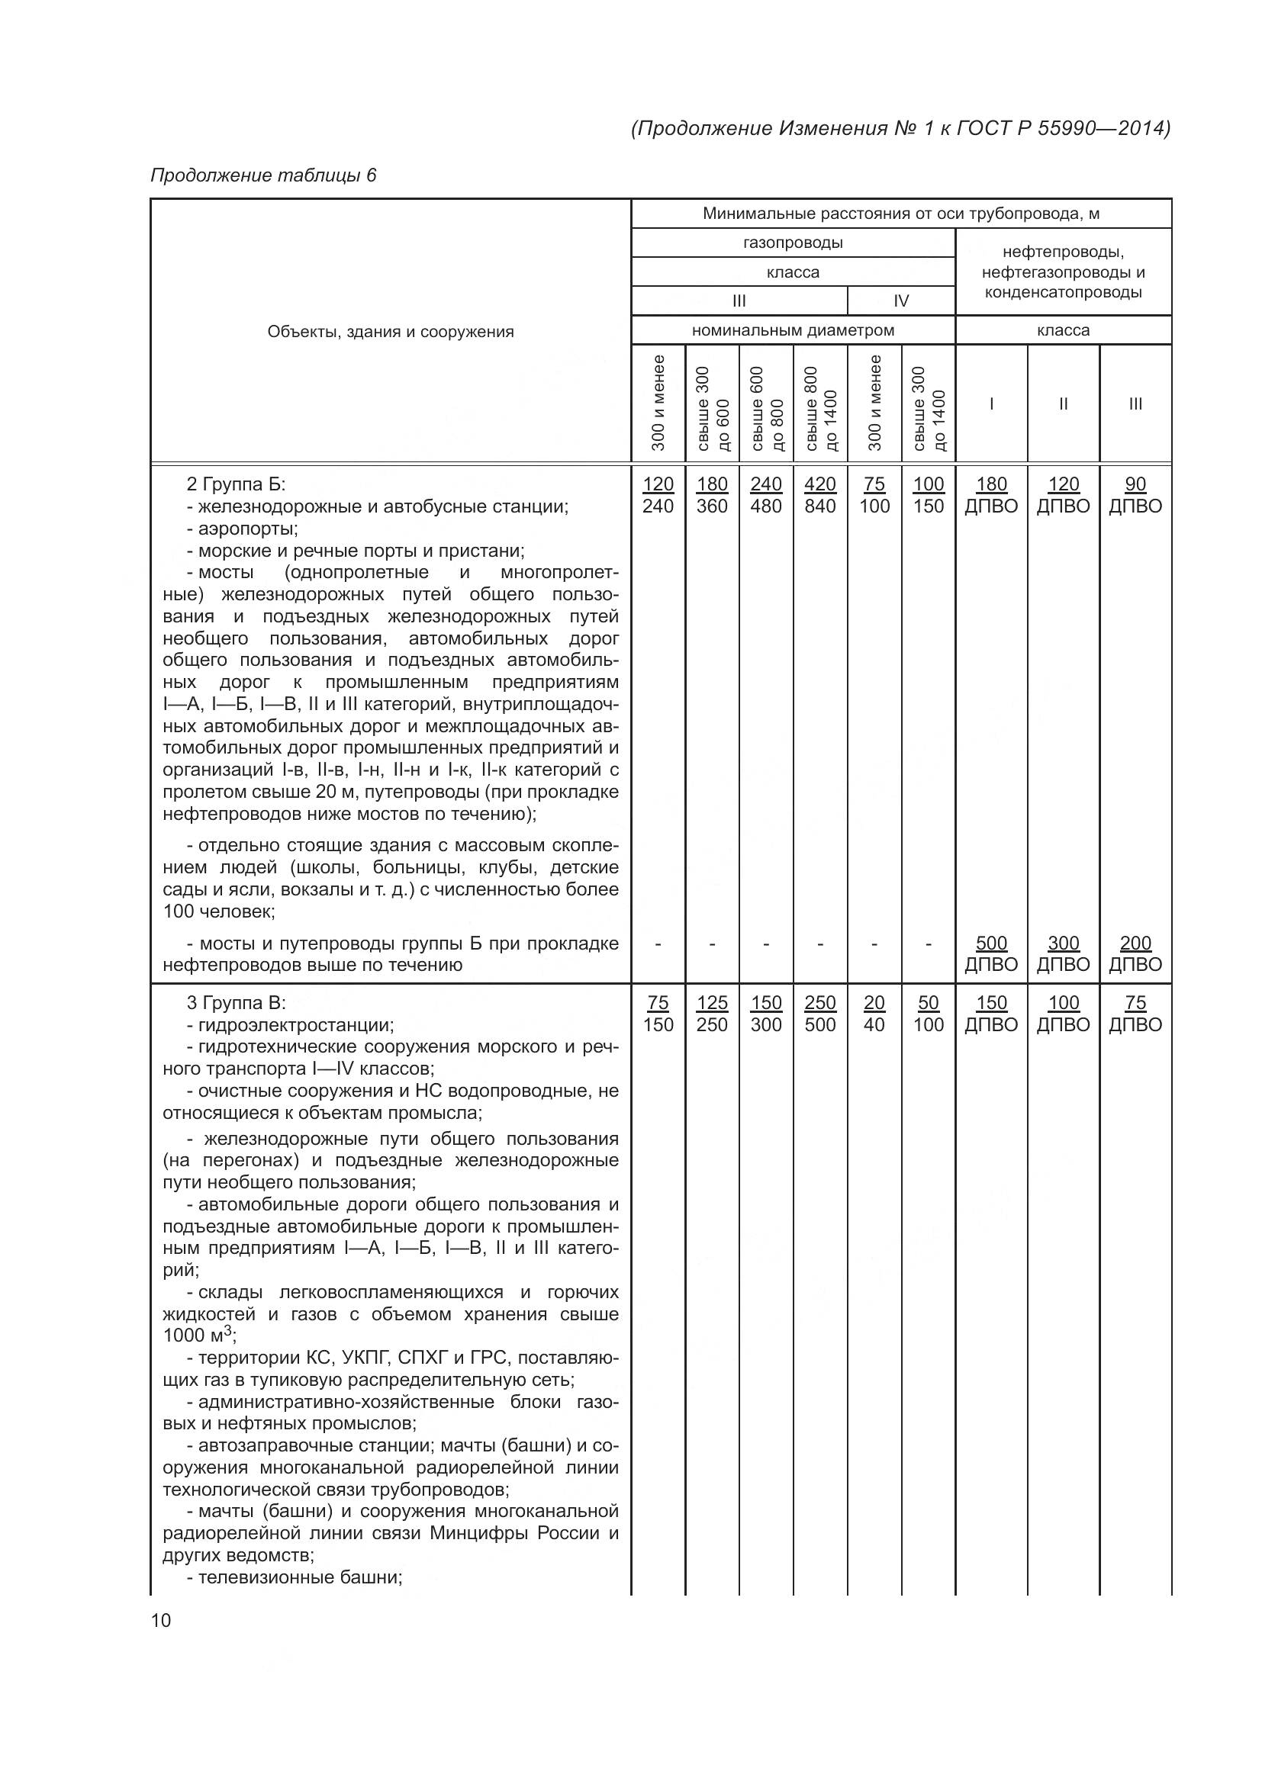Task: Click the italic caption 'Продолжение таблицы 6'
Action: click(x=262, y=175)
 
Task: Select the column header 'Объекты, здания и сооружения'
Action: click(x=390, y=332)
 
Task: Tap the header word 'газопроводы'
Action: click(x=793, y=243)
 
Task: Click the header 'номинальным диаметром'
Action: click(x=793, y=330)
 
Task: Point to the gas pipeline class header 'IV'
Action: click(x=900, y=301)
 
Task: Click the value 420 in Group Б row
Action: click(x=819, y=484)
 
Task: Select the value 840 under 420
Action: click(x=819, y=506)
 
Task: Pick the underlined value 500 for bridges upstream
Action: click(x=991, y=943)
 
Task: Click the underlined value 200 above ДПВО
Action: click(x=1135, y=943)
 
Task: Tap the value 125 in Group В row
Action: click(x=712, y=1003)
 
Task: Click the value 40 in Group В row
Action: click(x=874, y=1025)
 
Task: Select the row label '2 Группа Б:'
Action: click(x=236, y=485)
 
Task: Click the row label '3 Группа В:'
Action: click(x=236, y=1003)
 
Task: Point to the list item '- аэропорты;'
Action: click(x=242, y=529)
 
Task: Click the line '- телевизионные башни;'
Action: click(x=295, y=1577)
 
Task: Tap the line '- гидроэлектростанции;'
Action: click(x=290, y=1025)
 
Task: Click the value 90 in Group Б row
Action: click(x=1135, y=484)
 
